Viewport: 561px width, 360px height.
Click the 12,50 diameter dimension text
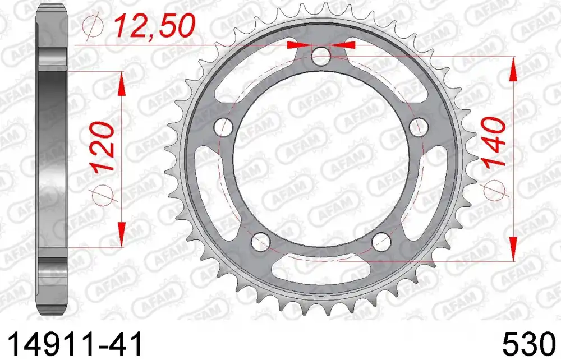pyautogui.click(x=155, y=26)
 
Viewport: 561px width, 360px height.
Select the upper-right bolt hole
pyautogui.click(x=417, y=125)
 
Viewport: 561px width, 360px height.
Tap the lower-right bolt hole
pyautogui.click(x=382, y=241)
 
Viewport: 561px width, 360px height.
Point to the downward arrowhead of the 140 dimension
pyautogui.click(x=512, y=248)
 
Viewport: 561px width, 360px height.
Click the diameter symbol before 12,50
pyautogui.click(x=92, y=25)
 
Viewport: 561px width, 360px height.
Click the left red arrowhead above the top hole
pyautogui.click(x=296, y=45)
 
